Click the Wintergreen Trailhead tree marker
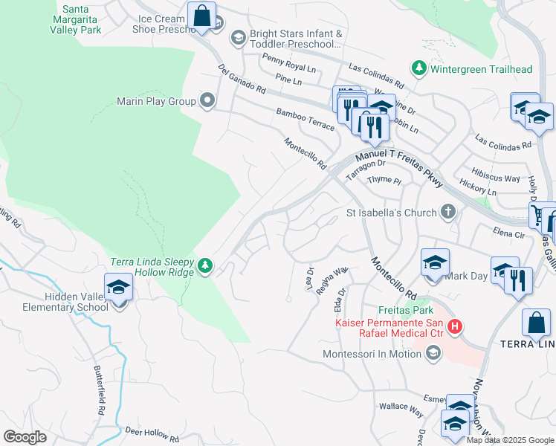click(x=419, y=69)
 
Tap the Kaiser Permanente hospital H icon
click(x=455, y=326)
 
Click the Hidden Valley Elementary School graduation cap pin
click(x=118, y=288)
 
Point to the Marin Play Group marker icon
click(x=207, y=100)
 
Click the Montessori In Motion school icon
click(x=433, y=354)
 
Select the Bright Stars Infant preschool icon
click(x=238, y=38)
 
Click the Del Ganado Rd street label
click(x=242, y=79)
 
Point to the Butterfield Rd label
click(x=100, y=390)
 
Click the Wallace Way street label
click(x=401, y=407)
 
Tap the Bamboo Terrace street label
click(x=305, y=118)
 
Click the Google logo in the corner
click(x=25, y=437)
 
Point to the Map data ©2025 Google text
click(x=510, y=440)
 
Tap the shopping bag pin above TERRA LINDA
click(x=536, y=323)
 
